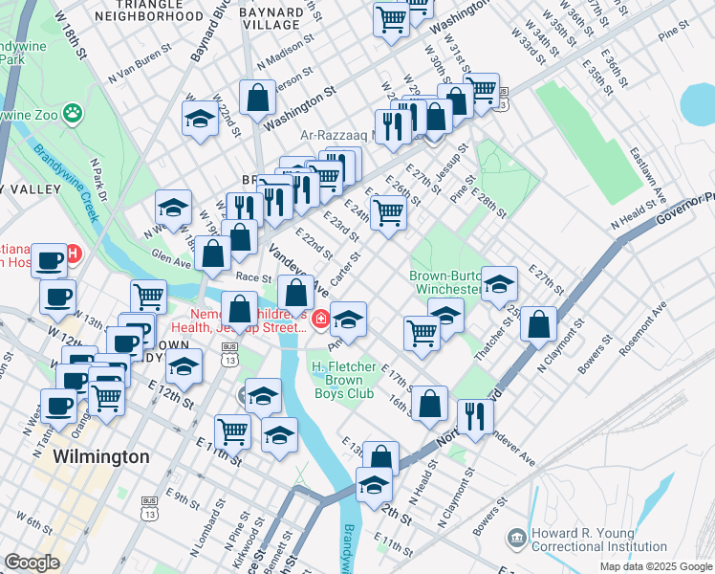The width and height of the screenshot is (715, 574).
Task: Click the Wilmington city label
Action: click(x=101, y=456)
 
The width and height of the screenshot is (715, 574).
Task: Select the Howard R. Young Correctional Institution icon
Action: click(x=516, y=540)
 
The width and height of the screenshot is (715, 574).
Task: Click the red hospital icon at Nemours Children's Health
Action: click(x=322, y=319)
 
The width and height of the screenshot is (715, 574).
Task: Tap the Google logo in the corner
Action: click(x=31, y=563)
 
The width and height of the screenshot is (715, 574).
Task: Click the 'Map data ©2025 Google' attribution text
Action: click(x=655, y=566)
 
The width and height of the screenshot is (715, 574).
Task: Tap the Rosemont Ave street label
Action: click(x=642, y=332)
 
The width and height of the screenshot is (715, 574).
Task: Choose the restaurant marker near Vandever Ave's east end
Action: click(x=473, y=415)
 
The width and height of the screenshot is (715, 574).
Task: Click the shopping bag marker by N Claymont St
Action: click(x=540, y=323)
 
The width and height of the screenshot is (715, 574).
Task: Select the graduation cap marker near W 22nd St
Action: click(x=199, y=120)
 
